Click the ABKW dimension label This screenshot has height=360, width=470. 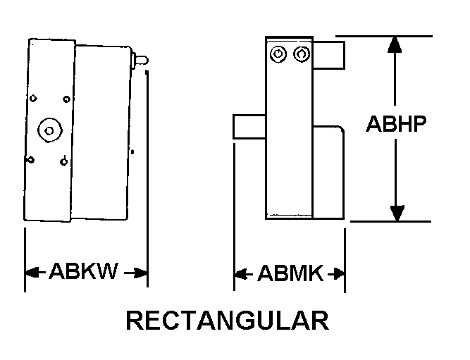click(84, 271)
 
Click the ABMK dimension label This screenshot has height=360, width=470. click(290, 273)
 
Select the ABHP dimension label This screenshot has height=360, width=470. click(396, 123)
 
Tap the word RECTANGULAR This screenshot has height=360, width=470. click(228, 321)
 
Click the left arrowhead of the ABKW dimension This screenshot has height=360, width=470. click(32, 273)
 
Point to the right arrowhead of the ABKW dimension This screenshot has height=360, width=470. click(140, 273)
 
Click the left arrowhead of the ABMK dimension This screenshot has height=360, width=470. click(241, 274)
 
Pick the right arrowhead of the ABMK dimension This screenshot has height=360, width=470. click(338, 274)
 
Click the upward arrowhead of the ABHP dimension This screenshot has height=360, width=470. click(395, 44)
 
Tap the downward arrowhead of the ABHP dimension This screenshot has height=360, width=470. click(397, 213)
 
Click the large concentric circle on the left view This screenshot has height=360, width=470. click(50, 130)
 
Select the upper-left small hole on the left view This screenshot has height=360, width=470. click(33, 98)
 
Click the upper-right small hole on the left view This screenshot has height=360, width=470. click(66, 99)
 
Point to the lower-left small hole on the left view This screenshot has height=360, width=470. click(30, 160)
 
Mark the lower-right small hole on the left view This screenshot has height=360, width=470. click(63, 162)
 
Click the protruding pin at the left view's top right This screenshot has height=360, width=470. click(140, 61)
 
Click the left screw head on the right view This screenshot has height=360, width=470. click(278, 54)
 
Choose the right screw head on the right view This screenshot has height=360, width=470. click(302, 54)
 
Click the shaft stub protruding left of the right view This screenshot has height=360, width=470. click(249, 127)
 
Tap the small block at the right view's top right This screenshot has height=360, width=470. click(328, 56)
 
